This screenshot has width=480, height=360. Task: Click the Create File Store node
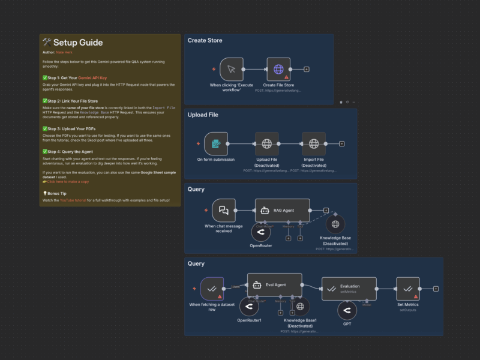pos(278,70)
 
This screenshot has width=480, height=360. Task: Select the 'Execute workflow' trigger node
pos(231,70)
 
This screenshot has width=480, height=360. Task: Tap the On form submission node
pos(216,144)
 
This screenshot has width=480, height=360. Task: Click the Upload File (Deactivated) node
pos(266,144)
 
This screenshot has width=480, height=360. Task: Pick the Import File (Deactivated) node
pos(314,144)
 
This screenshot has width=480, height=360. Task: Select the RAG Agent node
pos(282,211)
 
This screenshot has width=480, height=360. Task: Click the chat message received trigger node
pos(224,211)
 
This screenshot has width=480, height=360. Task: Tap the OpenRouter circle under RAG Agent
pos(260,233)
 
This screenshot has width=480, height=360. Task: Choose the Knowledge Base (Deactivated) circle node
pos(335,224)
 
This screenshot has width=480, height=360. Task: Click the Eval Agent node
pos(274,285)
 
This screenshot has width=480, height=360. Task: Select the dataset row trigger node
pos(212,289)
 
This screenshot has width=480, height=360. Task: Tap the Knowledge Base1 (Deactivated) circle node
pos(299,307)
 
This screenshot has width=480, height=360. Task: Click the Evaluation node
pos(349,289)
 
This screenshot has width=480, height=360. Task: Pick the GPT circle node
pos(346,311)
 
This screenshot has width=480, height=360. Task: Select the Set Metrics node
pos(408,289)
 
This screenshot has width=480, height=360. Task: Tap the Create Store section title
pos(205,40)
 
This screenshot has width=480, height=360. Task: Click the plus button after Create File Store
pos(307,70)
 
